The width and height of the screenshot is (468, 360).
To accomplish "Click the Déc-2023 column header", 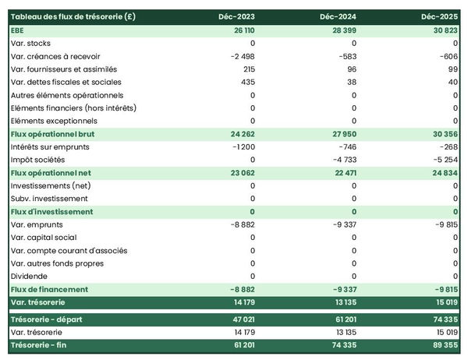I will point(239,16).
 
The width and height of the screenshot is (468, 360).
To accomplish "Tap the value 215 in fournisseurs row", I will point(249,69).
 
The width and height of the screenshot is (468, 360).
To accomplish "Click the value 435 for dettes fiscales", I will point(248,82).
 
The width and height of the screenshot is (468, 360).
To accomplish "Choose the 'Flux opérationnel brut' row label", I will point(53,134).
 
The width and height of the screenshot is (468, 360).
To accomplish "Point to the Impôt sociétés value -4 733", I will point(344,160).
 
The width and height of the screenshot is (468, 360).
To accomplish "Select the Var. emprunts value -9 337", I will point(344,224).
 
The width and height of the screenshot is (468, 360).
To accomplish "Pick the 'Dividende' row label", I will point(30,277).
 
